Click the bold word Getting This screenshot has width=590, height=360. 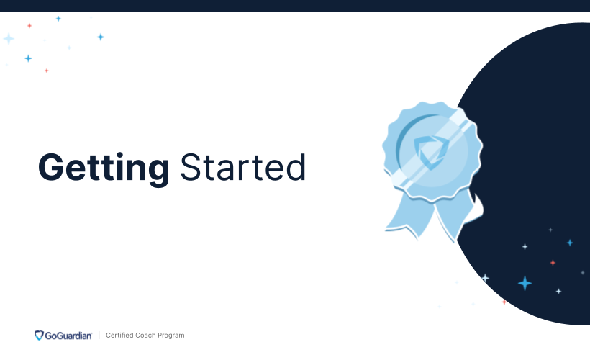tap(103, 168)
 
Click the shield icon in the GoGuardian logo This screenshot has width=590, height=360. tap(39, 336)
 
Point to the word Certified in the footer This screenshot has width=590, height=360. tap(120, 336)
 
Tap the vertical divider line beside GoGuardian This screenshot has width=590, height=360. tap(99, 336)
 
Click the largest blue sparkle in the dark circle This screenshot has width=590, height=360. tap(525, 283)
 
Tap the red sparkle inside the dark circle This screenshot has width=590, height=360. tap(553, 263)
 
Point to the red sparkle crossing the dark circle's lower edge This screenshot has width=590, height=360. tap(504, 302)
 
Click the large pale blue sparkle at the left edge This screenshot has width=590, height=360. tap(9, 38)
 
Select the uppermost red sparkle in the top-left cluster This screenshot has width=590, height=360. tap(29, 25)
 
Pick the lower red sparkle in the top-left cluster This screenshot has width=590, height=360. tap(47, 71)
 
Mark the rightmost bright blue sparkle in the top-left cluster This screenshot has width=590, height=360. tap(101, 37)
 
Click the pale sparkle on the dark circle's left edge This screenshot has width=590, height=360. tap(485, 278)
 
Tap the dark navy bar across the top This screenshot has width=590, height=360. tap(295, 5)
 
